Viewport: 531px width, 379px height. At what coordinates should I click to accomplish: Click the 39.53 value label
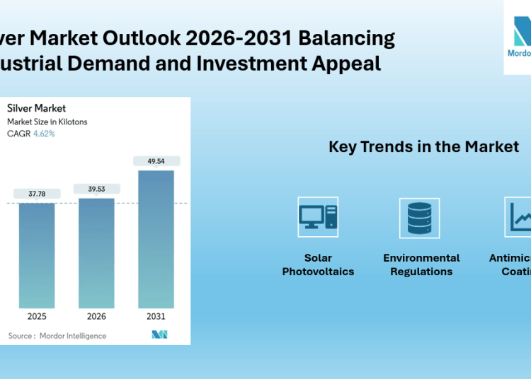pyautogui.click(x=96, y=189)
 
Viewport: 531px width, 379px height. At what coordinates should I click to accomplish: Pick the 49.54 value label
pyautogui.click(x=156, y=161)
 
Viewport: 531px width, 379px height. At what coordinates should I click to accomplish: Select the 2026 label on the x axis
pyautogui.click(x=96, y=316)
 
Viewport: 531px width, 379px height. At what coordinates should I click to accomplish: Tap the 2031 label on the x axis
pyautogui.click(x=156, y=316)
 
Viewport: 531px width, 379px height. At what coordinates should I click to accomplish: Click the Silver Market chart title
pyautogui.click(x=36, y=108)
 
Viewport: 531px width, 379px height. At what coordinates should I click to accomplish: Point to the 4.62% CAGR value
pyautogui.click(x=44, y=133)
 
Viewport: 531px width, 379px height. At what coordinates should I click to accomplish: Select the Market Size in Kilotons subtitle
pyautogui.click(x=47, y=122)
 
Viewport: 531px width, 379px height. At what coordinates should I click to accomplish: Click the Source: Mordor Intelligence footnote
pyautogui.click(x=57, y=336)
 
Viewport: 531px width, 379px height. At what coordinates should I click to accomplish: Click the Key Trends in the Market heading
pyautogui.click(x=423, y=147)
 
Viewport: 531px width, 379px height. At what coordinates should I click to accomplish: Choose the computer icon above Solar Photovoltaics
pyautogui.click(x=318, y=217)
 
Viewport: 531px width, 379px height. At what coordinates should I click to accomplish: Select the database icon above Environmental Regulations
pyautogui.click(x=420, y=217)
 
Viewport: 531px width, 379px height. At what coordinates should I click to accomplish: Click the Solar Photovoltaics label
pyautogui.click(x=318, y=264)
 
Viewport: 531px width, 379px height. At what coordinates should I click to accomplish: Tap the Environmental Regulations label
pyautogui.click(x=421, y=264)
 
